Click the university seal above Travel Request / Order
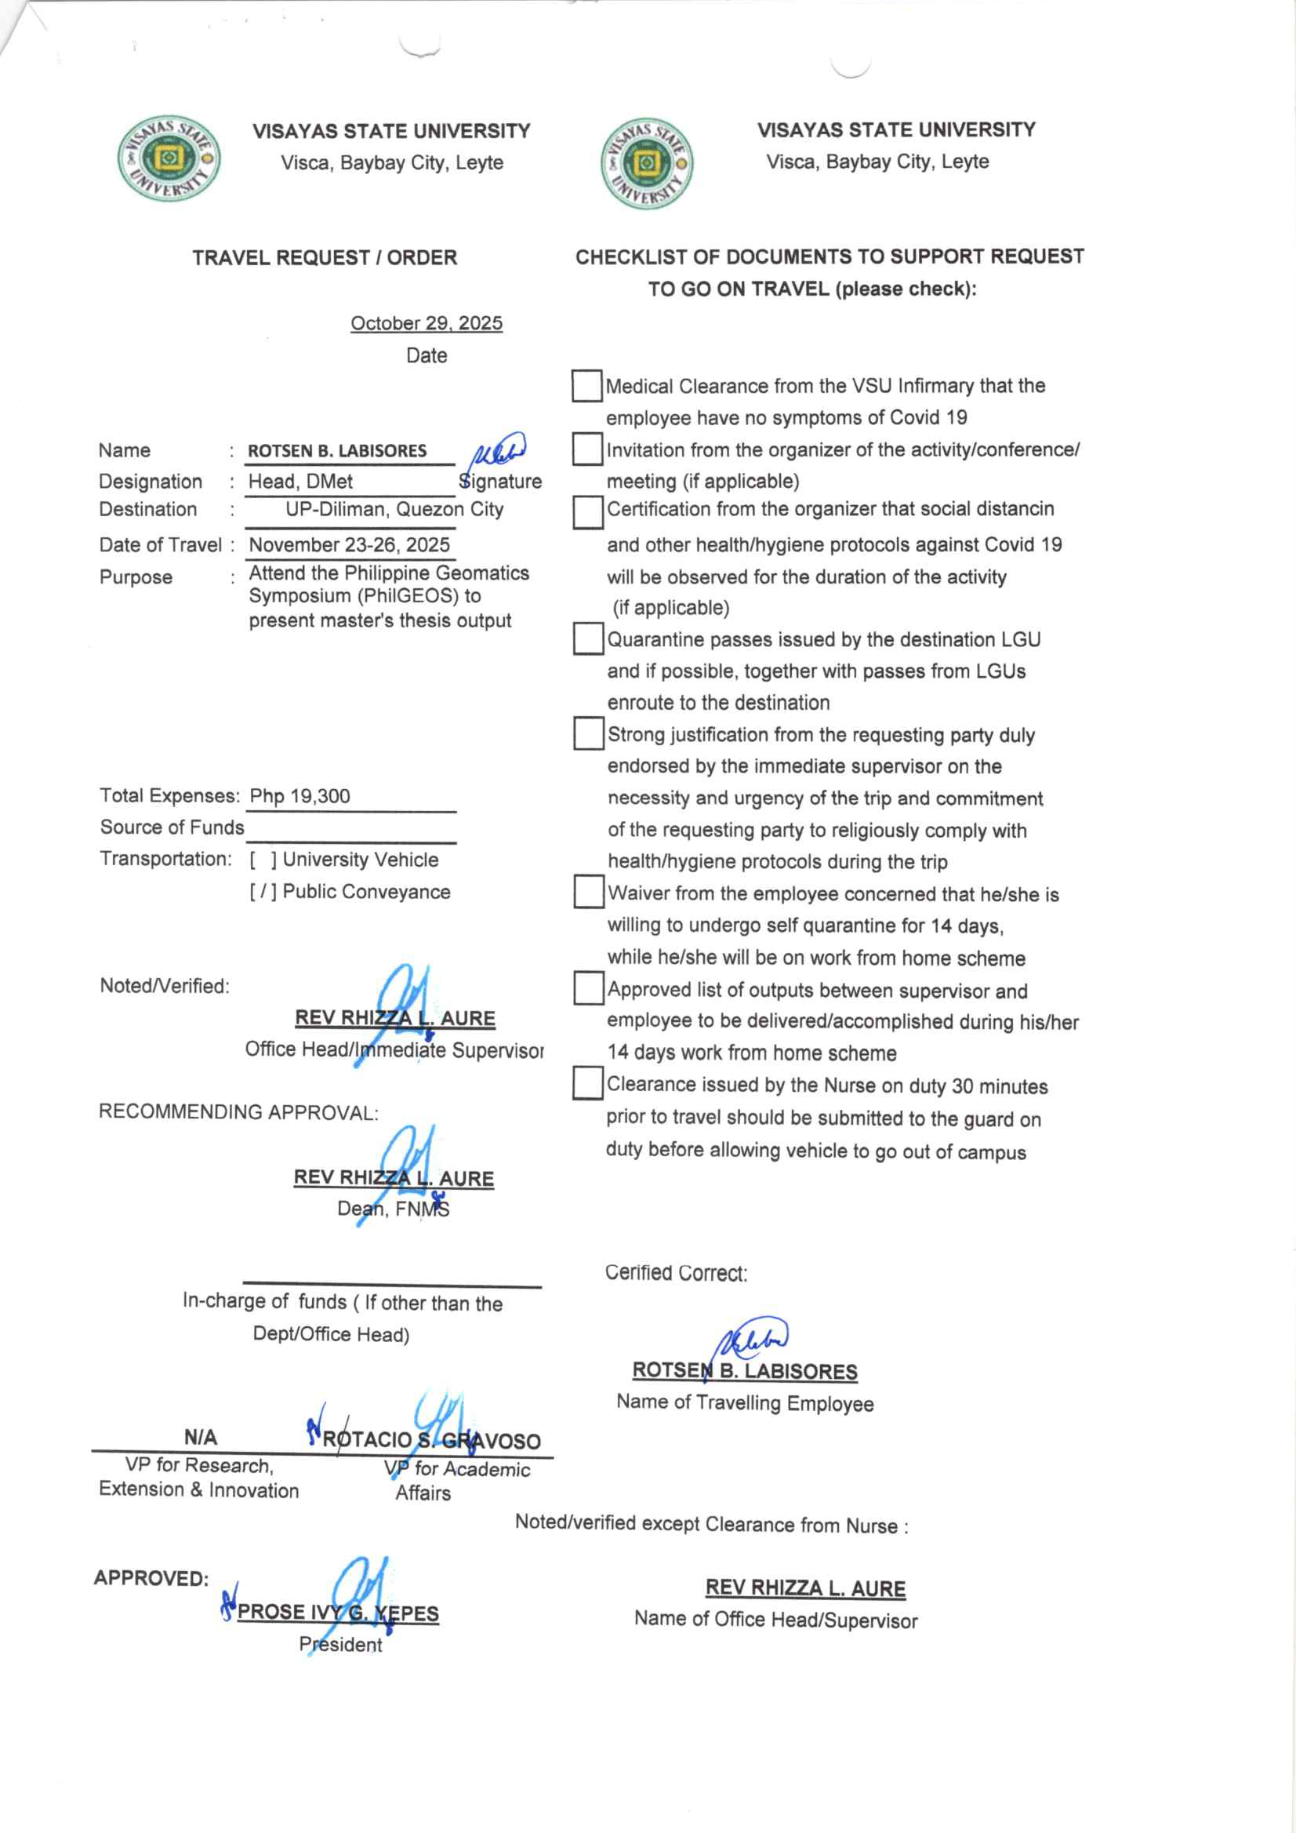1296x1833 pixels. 169,158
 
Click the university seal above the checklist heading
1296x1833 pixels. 646,164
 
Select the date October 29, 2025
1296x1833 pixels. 427,323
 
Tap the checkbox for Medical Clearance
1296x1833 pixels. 586,386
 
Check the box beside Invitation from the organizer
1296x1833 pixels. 587,449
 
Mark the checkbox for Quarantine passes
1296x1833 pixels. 588,638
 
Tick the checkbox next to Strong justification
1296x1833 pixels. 588,733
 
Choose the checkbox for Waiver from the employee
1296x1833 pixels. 588,892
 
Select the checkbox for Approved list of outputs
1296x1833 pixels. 588,987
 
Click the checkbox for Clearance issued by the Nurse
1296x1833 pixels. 587,1083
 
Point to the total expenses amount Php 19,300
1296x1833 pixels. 300,796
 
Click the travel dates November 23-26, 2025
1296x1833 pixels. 350,545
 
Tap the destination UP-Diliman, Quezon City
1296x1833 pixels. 394,509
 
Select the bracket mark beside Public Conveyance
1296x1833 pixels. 263,892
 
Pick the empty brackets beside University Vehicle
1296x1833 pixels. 263,860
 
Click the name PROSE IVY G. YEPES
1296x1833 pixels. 338,1612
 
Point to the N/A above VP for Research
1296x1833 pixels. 200,1438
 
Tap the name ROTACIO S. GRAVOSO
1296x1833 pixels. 431,1440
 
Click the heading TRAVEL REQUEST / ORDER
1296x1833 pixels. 325,258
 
